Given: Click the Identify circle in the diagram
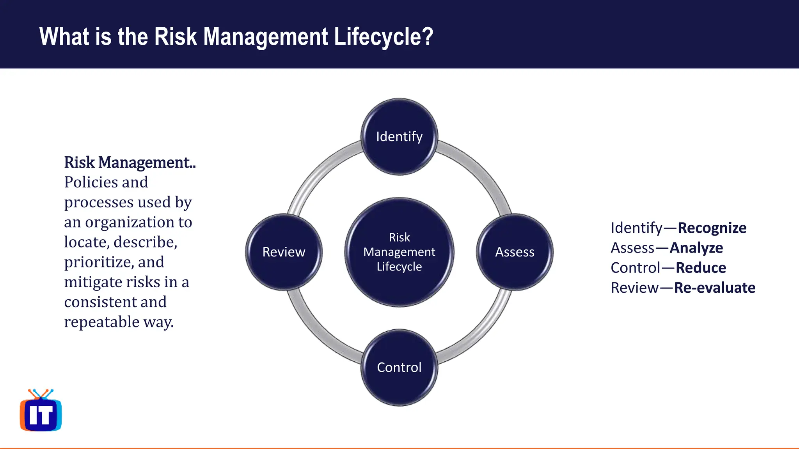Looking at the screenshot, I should [399, 136].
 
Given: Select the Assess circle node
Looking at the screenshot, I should [515, 252].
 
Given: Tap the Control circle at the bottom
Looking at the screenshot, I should [399, 367].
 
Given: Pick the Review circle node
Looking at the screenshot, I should [284, 252].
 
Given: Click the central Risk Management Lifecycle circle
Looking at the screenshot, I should [399, 252].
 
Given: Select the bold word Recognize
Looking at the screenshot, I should [712, 228].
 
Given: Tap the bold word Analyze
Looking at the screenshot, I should [696, 248].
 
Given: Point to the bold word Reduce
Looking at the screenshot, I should [701, 268].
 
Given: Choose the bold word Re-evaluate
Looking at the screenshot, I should [715, 288].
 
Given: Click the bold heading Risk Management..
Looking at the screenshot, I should [130, 163].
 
